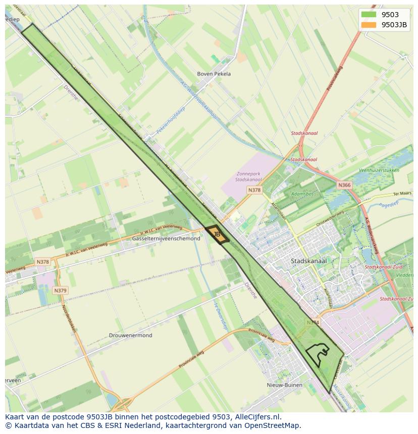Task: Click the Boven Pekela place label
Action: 214,74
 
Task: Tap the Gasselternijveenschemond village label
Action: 166,238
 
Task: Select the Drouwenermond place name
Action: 130,335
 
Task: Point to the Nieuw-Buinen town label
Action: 284,385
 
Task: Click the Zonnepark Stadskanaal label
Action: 249,176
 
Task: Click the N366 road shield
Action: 344,185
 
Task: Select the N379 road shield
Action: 60,290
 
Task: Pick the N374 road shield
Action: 313,322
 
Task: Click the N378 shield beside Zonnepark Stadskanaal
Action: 254,190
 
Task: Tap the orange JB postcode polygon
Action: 217,235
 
